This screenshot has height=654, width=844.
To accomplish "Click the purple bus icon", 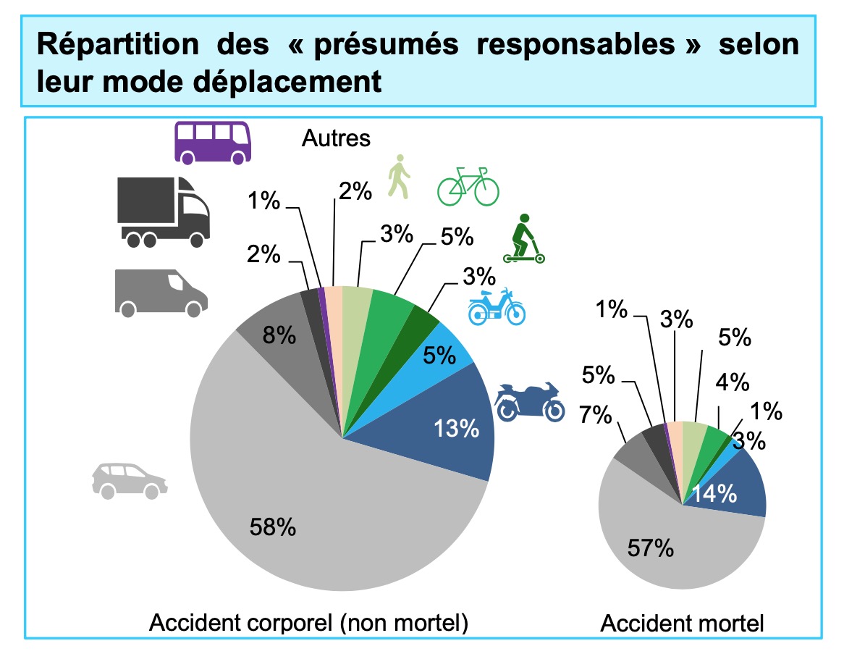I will (213, 142).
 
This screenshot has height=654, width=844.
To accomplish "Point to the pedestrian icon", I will (398, 176).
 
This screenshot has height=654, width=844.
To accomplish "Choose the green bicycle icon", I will (468, 186).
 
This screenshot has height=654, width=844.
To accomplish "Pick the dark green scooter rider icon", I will (523, 238).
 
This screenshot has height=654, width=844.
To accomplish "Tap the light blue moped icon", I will (497, 306).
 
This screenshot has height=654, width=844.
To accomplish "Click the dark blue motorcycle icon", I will (530, 401).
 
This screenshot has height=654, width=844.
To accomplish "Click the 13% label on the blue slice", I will (457, 429).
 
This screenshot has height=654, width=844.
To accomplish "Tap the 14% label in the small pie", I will (716, 494).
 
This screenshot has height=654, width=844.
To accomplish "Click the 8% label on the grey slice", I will (279, 335).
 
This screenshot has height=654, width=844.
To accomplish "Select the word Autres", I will (336, 138).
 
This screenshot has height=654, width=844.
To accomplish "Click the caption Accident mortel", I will (682, 624).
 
